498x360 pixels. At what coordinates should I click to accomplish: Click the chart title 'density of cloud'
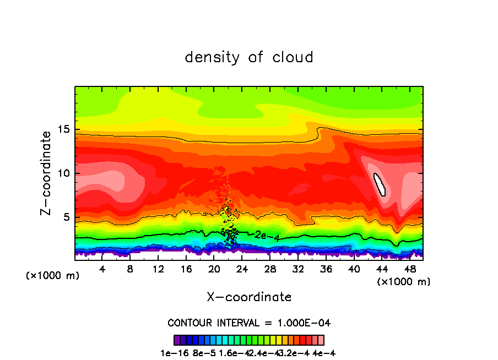[249, 57]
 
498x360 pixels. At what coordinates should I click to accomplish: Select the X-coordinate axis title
[249, 297]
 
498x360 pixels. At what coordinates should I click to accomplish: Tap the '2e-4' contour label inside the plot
[267, 236]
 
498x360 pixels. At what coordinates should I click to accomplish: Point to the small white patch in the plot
[380, 184]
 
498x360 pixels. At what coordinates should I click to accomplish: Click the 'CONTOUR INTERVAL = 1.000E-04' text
[249, 323]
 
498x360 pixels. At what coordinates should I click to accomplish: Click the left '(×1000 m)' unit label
[53, 276]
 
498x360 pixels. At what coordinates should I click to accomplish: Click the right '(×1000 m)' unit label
[404, 282]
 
